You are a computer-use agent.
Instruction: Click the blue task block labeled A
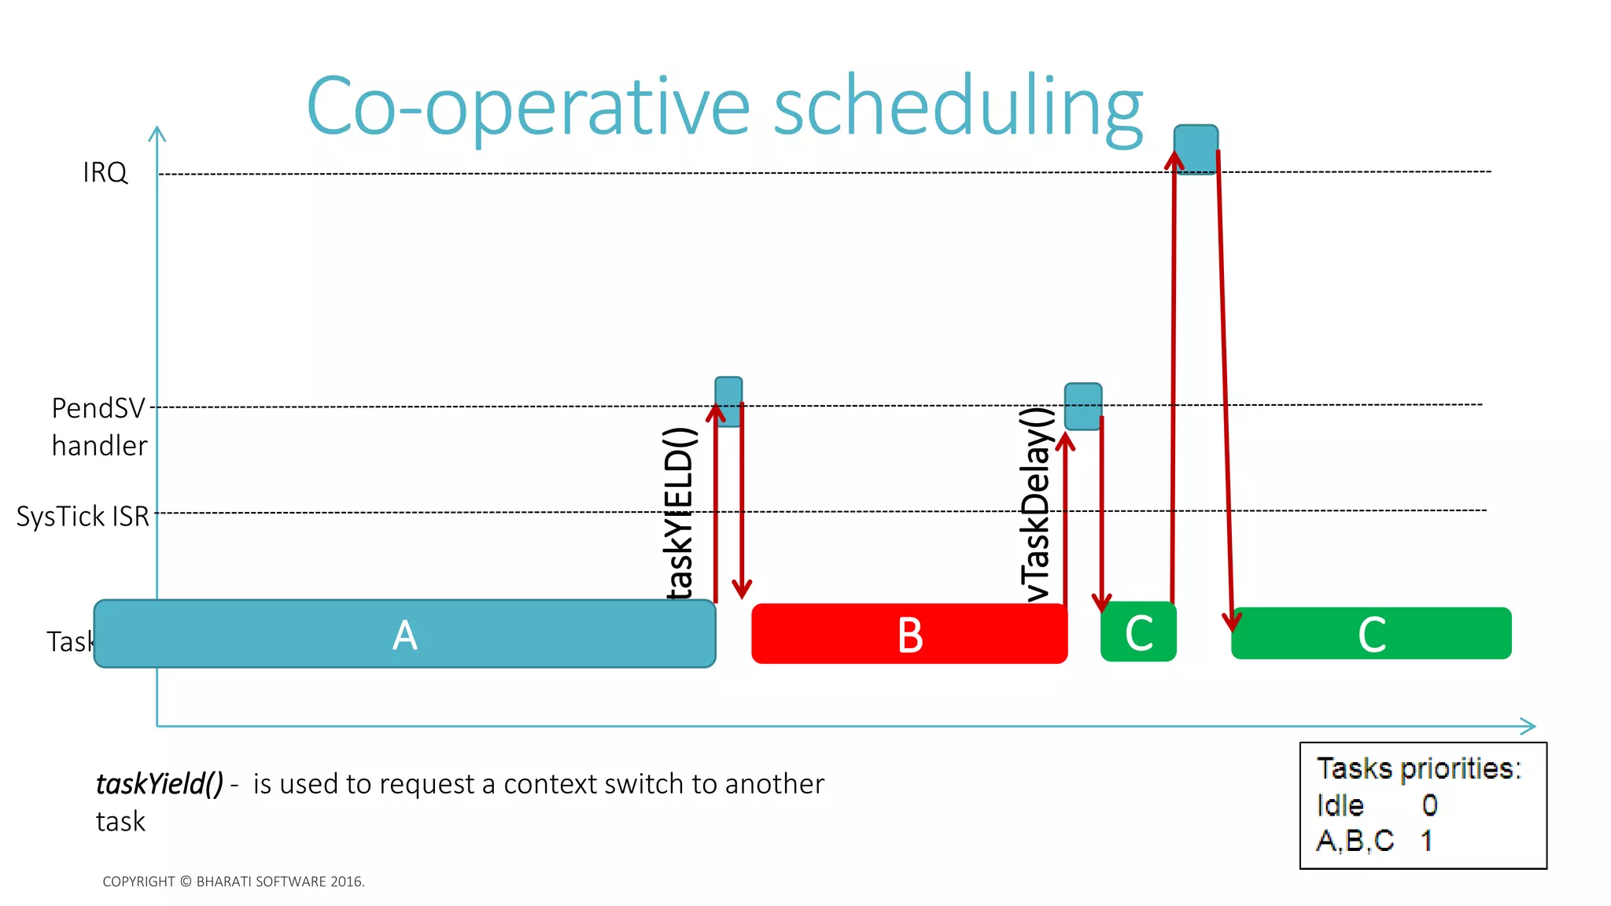[x=404, y=634]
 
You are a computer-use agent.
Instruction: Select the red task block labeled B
[x=909, y=634]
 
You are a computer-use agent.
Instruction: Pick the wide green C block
[x=1370, y=633]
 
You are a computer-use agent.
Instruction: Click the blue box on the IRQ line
[x=1196, y=149]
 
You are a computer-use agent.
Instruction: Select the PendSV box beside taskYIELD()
[x=728, y=401]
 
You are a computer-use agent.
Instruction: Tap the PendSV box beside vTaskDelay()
[x=1083, y=407]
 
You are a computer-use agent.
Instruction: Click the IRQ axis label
[x=105, y=172]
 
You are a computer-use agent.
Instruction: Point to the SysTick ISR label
[x=83, y=517]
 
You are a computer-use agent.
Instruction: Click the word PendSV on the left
[x=98, y=408]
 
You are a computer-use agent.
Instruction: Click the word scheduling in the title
[x=957, y=106]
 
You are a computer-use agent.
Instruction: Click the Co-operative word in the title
[x=528, y=106]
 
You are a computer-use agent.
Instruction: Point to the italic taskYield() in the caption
[x=160, y=784]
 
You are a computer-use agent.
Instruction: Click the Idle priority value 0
[x=1429, y=805]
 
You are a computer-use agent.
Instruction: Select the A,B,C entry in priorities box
[x=1355, y=841]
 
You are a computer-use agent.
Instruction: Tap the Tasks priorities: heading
[x=1419, y=768]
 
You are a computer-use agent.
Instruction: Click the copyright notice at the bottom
[x=234, y=882]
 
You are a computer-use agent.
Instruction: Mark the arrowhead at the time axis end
[x=1528, y=726]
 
